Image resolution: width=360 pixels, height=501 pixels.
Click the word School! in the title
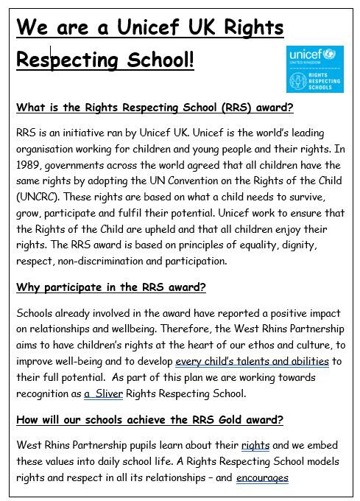click(154, 60)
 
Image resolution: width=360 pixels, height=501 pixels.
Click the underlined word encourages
click(262, 477)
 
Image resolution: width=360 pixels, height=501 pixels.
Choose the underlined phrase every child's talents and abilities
click(252, 361)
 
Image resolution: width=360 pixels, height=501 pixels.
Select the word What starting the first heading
click(32, 108)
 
